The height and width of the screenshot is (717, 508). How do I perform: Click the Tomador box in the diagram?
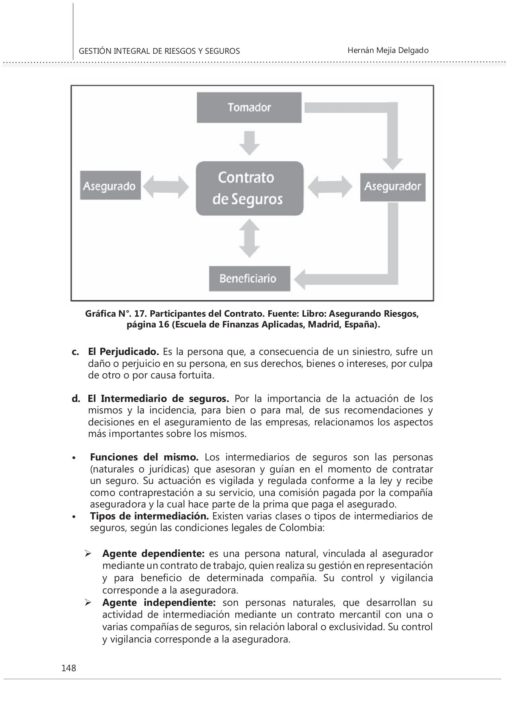click(249, 107)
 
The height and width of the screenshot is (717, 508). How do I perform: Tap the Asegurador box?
click(393, 186)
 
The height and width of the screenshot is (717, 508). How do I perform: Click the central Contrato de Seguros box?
click(249, 188)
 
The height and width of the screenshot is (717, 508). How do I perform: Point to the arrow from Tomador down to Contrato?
click(250, 143)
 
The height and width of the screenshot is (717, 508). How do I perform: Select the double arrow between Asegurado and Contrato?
click(166, 186)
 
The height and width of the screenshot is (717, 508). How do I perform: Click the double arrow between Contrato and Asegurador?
click(330, 186)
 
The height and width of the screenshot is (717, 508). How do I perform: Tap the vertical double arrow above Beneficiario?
click(250, 238)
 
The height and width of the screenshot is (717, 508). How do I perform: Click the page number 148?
click(68, 668)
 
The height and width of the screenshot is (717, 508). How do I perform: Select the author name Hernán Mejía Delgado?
click(388, 51)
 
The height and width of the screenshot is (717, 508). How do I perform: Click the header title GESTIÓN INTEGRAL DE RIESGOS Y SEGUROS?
click(159, 51)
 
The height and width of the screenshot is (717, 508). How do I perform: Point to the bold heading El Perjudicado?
click(123, 352)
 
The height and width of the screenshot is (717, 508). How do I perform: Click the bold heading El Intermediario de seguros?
click(158, 399)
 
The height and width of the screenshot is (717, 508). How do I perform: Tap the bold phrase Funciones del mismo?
click(144, 457)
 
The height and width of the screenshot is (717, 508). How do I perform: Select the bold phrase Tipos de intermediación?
click(149, 516)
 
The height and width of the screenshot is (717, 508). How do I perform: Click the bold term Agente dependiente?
click(153, 554)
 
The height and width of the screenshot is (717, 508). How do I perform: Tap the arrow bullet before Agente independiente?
click(88, 603)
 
